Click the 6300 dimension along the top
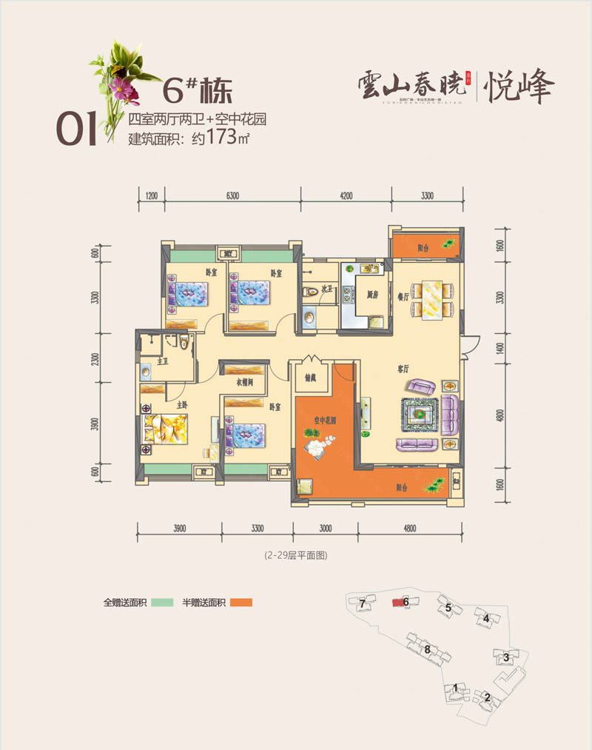(x=232, y=195)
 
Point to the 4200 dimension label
(x=346, y=195)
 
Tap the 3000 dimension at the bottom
(x=326, y=528)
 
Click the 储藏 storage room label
(x=309, y=376)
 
